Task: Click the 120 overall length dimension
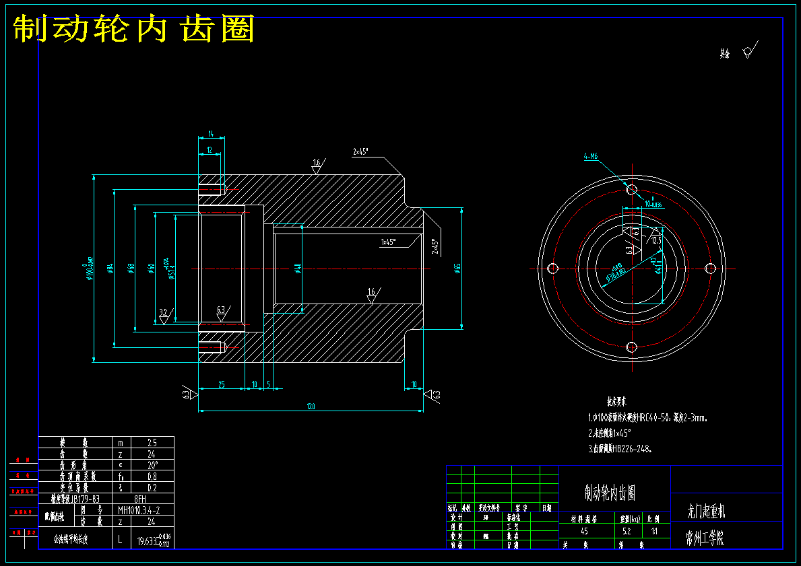pyautogui.click(x=311, y=406)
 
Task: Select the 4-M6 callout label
pyautogui.click(x=591, y=157)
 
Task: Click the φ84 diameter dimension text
pyautogui.click(x=110, y=269)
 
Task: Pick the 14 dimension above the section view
pyautogui.click(x=211, y=134)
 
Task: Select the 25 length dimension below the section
pyautogui.click(x=221, y=384)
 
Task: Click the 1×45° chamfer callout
pyautogui.click(x=389, y=242)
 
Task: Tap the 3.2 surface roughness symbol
pyautogui.click(x=163, y=312)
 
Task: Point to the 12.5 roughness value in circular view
pyautogui.click(x=657, y=239)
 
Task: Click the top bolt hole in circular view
pyautogui.click(x=631, y=190)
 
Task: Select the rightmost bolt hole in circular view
pyautogui.click(x=709, y=268)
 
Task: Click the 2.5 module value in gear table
pyautogui.click(x=152, y=443)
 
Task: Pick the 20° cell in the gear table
pyautogui.click(x=152, y=465)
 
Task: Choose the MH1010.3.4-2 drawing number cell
pyautogui.click(x=139, y=509)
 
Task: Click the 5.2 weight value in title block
pyautogui.click(x=626, y=531)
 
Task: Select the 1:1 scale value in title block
pyautogui.click(x=653, y=531)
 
